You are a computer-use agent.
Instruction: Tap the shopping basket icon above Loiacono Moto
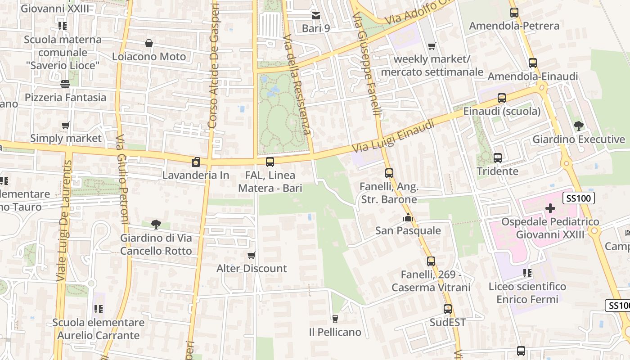click(x=149, y=44)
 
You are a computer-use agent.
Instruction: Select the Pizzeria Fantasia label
click(x=66, y=97)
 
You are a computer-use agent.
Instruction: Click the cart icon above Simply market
click(x=66, y=126)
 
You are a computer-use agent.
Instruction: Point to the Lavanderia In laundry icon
click(x=196, y=162)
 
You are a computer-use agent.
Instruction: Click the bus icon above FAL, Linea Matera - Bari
click(x=270, y=162)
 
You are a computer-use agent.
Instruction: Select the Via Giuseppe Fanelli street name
click(x=367, y=63)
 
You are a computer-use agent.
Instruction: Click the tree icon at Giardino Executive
click(x=578, y=126)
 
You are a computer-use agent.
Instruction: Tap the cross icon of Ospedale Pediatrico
click(x=550, y=208)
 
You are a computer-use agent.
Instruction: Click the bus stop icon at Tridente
click(x=498, y=158)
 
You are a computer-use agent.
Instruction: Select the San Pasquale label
click(x=408, y=231)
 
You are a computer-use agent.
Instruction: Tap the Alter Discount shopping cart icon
click(x=252, y=256)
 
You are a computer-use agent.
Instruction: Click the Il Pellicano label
click(x=335, y=332)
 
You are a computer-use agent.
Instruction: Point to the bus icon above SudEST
click(x=447, y=309)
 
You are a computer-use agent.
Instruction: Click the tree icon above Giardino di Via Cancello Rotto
click(x=156, y=224)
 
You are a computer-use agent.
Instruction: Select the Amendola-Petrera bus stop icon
click(x=514, y=13)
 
